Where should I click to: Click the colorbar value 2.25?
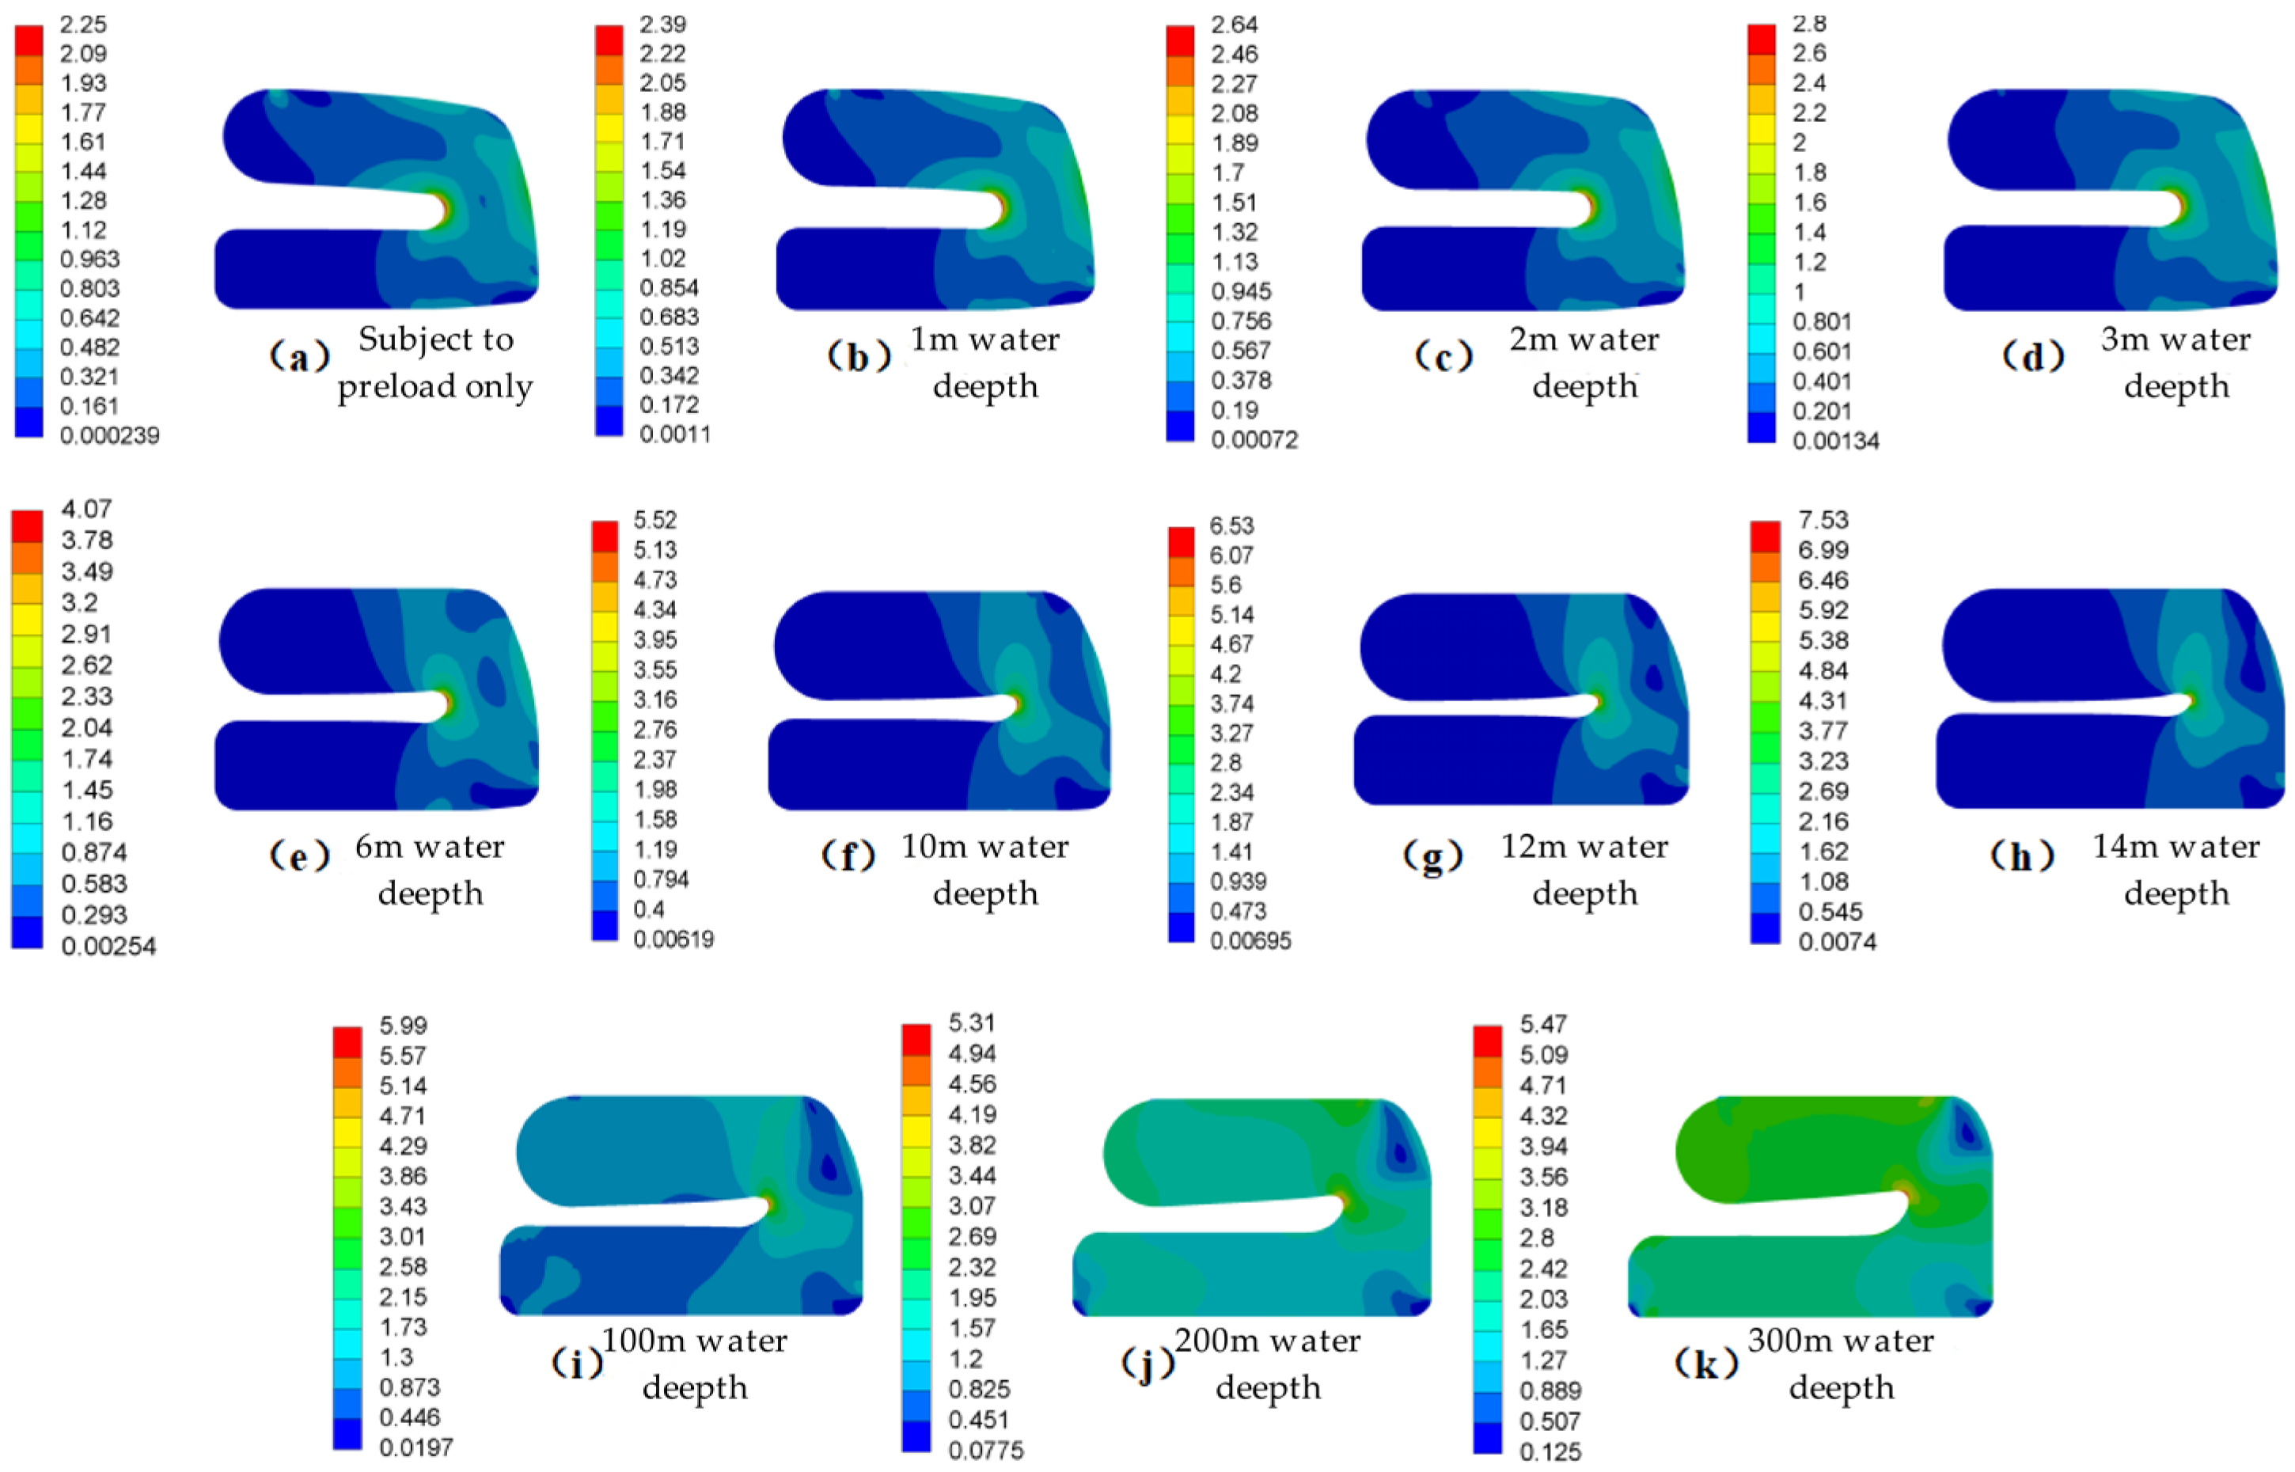[83, 24]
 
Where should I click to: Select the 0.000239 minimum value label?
[110, 436]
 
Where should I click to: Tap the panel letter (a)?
[298, 357]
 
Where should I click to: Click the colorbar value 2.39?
[662, 24]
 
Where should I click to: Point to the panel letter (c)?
[1443, 357]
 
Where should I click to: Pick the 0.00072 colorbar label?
[1254, 440]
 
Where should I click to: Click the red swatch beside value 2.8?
[1761, 40]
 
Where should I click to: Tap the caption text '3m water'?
[2176, 340]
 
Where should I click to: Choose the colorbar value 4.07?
[87, 509]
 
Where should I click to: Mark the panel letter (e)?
[298, 856]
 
